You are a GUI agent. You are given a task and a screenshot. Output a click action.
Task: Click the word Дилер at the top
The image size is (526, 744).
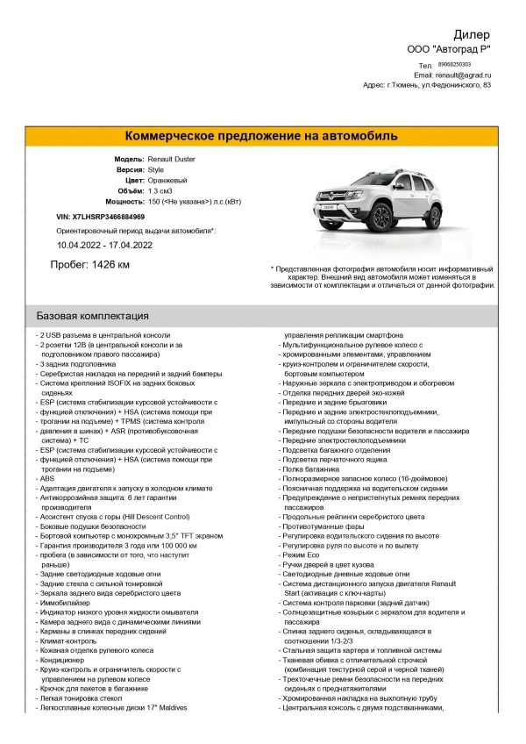(473, 34)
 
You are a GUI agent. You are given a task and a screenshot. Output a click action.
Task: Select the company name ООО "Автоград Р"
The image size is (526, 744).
(450, 49)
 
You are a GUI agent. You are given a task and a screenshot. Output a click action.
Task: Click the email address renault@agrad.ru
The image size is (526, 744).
(464, 75)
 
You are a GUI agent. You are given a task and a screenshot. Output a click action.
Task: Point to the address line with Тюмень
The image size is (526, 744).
(427, 85)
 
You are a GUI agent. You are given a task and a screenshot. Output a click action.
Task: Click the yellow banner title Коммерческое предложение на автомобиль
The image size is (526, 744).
(262, 136)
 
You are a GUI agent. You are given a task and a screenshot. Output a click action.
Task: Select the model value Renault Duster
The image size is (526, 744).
(172, 159)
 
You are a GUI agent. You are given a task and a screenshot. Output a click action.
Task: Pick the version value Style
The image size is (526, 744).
(156, 169)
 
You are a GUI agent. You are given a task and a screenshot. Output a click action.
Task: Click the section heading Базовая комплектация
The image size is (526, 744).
(92, 316)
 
